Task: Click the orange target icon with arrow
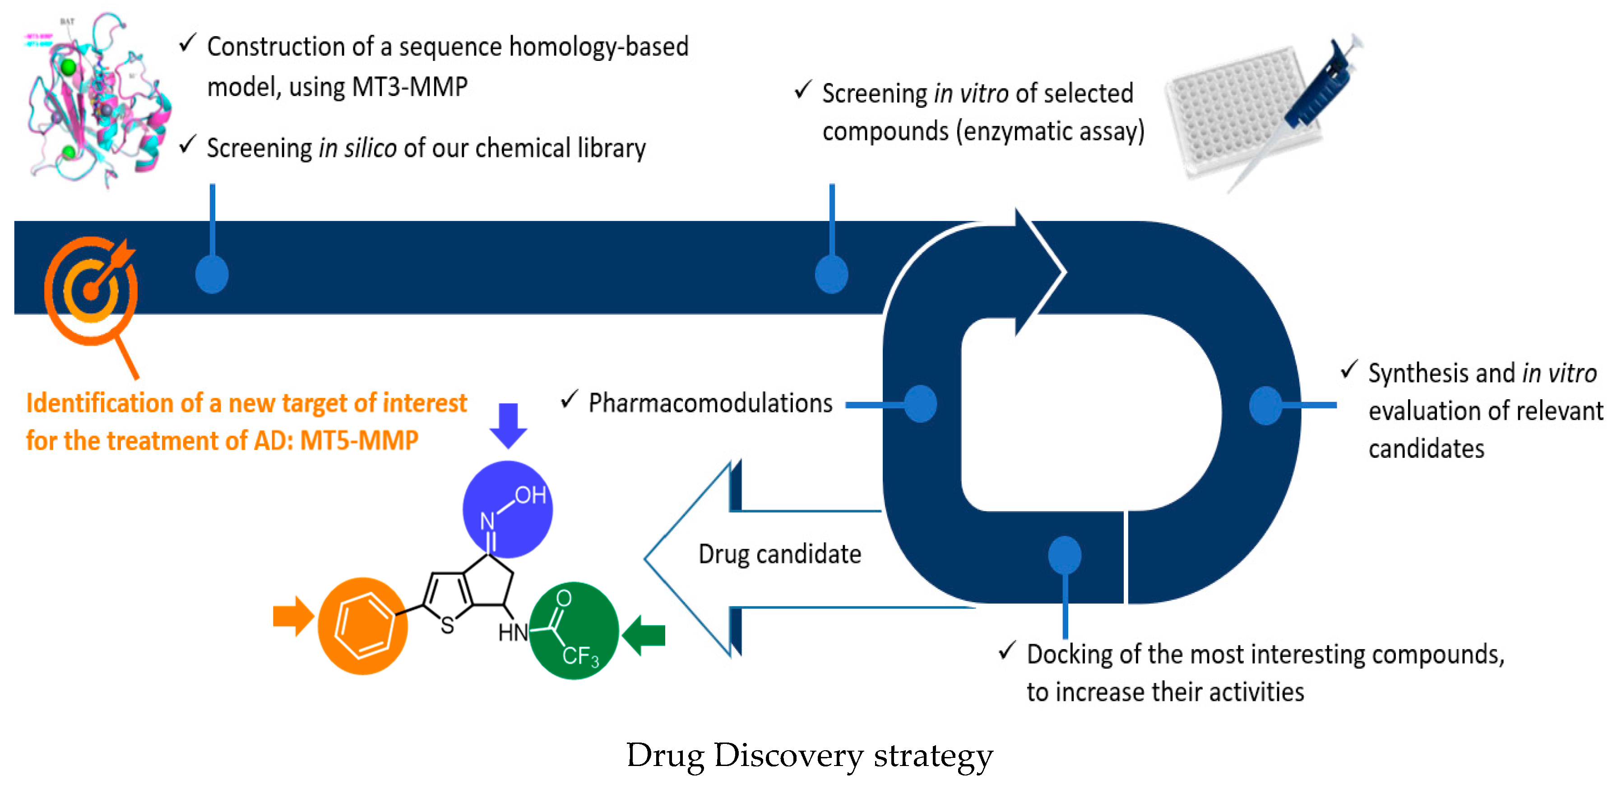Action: point(91,290)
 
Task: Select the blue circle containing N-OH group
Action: point(507,509)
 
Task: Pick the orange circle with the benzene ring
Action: point(362,626)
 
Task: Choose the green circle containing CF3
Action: point(574,631)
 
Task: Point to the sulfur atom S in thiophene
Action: point(447,625)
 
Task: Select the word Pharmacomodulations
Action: point(710,403)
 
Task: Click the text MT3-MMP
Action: point(410,87)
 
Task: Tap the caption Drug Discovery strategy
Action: point(809,755)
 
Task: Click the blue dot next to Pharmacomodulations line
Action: point(920,404)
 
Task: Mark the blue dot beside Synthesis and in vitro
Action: point(1265,406)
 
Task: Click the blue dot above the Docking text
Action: point(1064,555)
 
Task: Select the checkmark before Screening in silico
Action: point(188,144)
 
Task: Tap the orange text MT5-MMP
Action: point(359,441)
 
